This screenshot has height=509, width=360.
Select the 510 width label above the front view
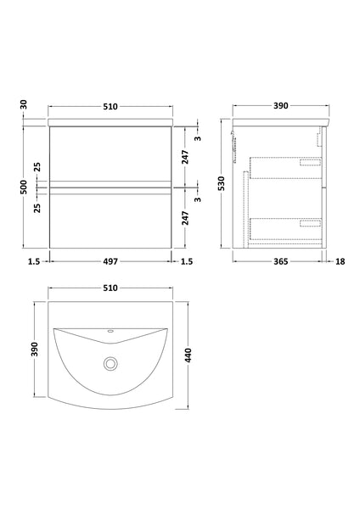click(110, 106)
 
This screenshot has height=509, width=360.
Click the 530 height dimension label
click(221, 185)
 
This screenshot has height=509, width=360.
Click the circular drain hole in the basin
click(110, 363)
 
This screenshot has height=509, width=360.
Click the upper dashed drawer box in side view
click(286, 167)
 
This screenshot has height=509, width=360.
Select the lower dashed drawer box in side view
click(286, 227)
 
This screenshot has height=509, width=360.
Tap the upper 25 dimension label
click(36, 165)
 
